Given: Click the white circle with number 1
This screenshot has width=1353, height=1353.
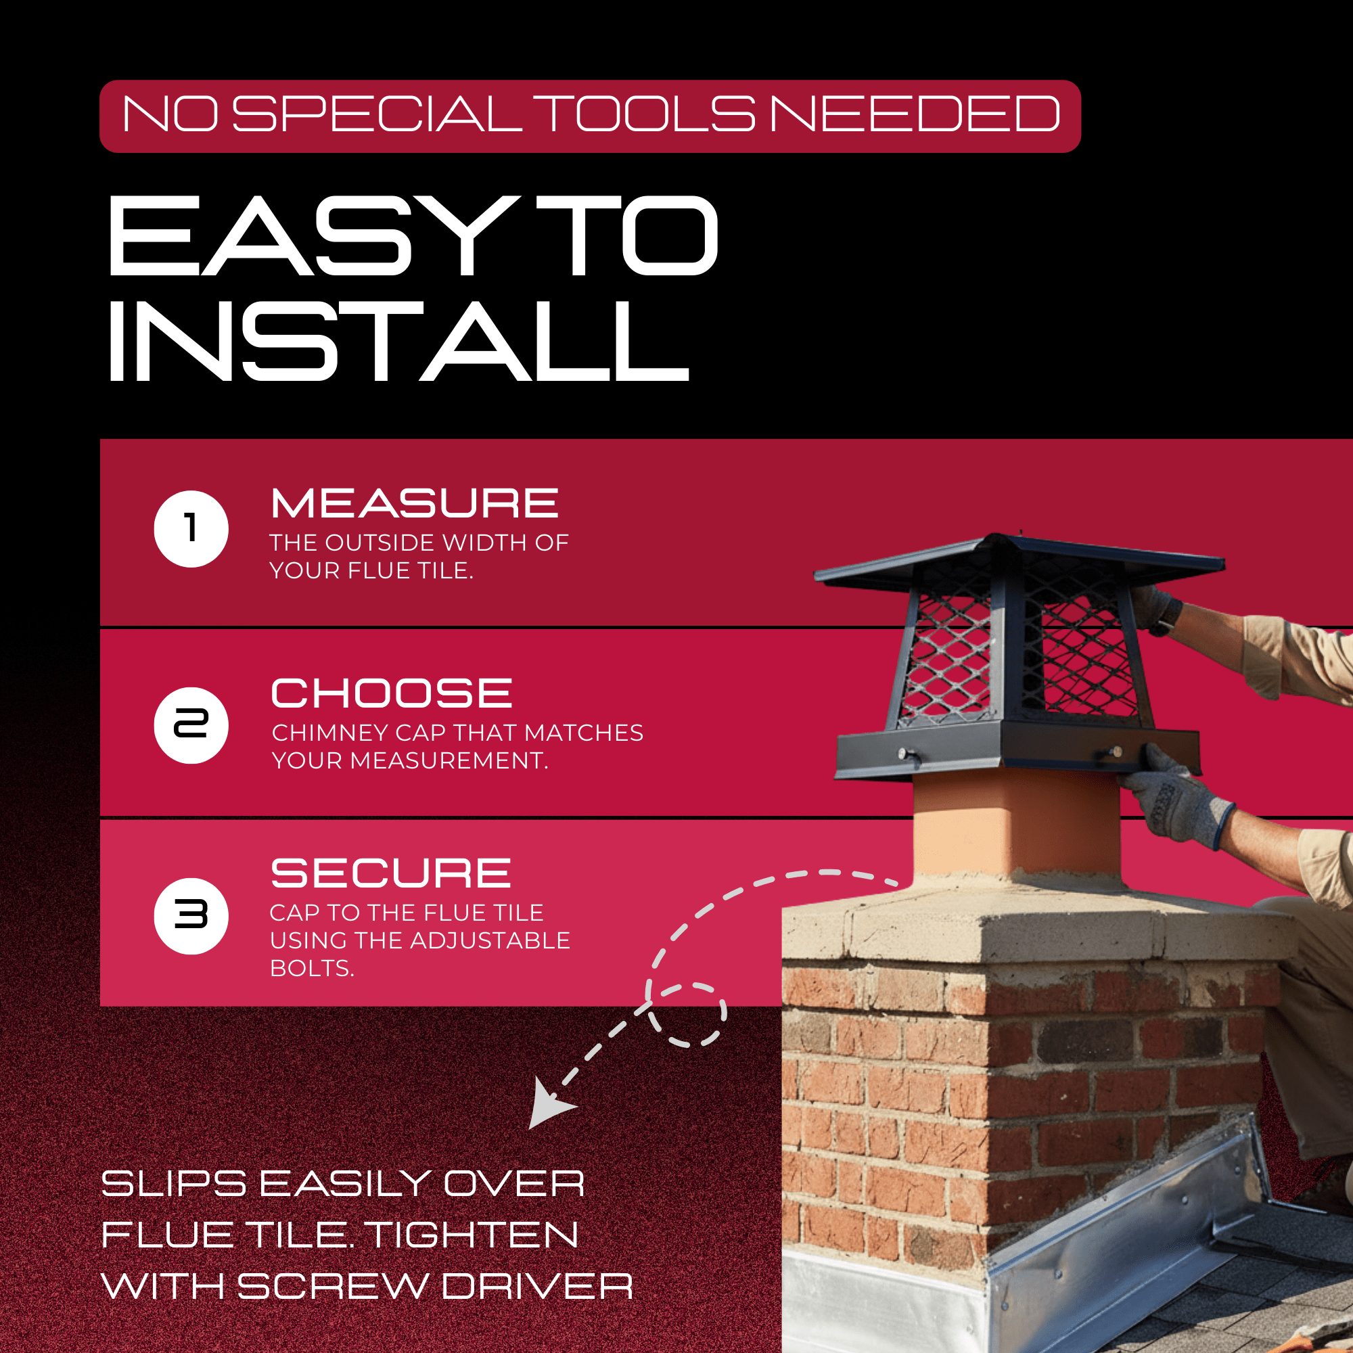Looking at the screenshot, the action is (191, 529).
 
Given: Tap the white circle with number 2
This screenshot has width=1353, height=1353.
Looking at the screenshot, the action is (191, 725).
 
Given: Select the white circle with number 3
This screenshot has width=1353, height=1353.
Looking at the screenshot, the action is (191, 915).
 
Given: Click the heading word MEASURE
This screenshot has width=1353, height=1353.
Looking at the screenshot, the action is (415, 503).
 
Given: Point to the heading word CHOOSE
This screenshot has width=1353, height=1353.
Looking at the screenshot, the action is (392, 693).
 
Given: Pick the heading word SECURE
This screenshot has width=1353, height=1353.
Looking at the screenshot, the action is (391, 873).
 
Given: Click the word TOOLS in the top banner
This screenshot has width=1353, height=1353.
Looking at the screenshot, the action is (649, 114).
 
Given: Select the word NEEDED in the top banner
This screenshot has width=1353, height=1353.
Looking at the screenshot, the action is (915, 114).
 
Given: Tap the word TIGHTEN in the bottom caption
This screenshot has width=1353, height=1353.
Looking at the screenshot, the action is (473, 1235).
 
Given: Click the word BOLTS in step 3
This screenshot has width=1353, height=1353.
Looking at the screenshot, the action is (312, 968).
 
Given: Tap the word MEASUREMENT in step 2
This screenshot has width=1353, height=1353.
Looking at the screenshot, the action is (450, 760).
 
